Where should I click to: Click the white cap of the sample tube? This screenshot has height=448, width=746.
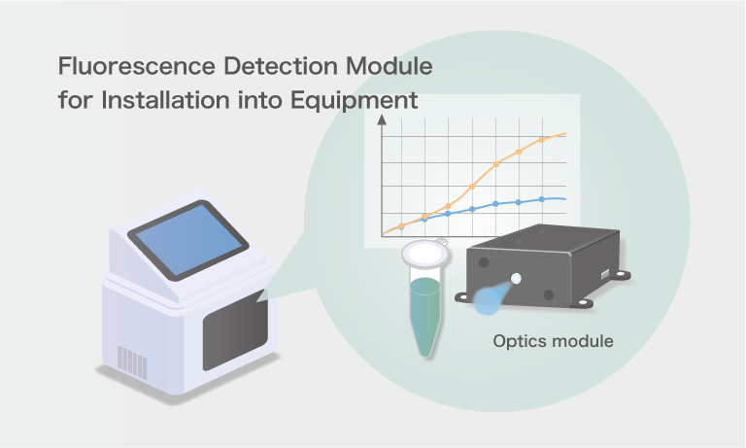(x=425, y=254)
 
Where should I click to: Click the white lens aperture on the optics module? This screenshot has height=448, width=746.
(x=516, y=279)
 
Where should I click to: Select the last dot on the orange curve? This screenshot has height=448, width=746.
(x=542, y=140)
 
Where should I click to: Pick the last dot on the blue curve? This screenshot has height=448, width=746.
(x=542, y=199)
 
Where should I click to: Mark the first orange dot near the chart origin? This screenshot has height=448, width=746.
(x=402, y=226)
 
